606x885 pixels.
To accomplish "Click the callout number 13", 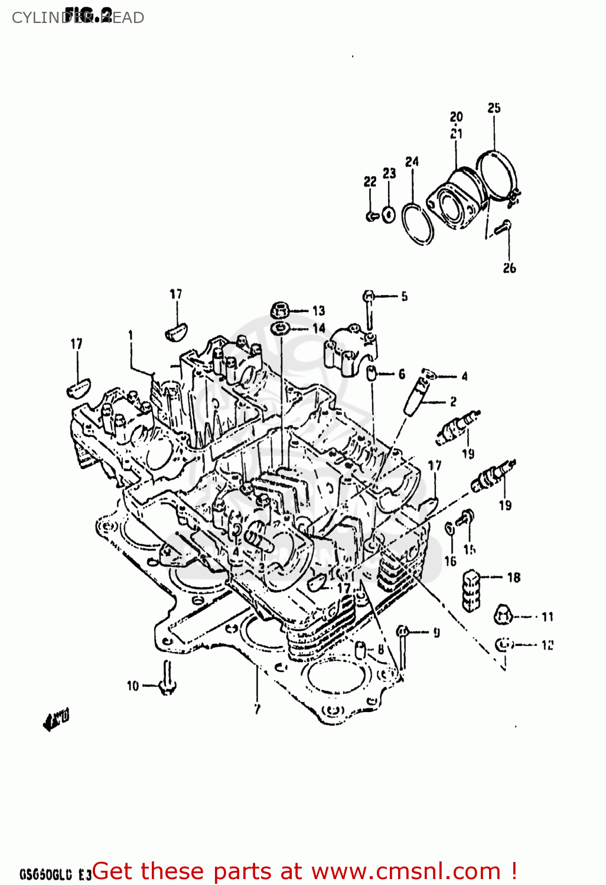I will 318,310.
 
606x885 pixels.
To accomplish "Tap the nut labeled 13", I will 281,309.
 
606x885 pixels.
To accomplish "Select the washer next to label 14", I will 280,328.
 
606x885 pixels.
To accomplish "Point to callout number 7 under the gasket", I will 257,709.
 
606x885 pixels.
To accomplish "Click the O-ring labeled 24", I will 418,224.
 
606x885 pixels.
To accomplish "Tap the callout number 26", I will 509,268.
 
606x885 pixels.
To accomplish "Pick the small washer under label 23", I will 388,214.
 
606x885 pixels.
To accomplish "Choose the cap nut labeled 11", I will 502,615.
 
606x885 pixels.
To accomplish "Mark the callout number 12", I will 547,645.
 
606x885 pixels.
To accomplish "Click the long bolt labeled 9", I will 402,649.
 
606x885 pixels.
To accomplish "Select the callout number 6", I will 402,374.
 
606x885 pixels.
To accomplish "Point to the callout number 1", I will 131,335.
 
